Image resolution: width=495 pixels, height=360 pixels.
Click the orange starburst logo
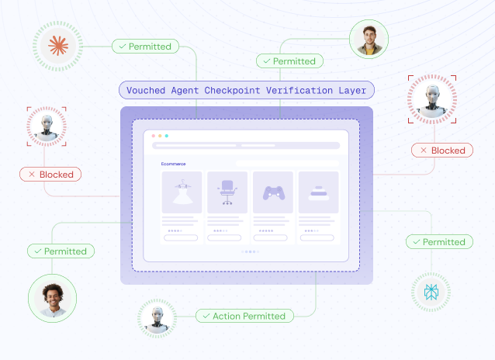point(58,46)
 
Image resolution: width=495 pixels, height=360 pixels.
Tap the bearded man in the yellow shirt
point(369,40)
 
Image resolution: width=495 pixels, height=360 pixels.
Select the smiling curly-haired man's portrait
point(53,299)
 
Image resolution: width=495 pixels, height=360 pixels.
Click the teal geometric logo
point(431,292)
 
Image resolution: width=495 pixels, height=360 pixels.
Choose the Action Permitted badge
point(244,316)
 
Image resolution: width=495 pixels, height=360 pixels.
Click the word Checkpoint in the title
point(232,90)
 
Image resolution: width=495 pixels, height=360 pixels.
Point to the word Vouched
point(146,90)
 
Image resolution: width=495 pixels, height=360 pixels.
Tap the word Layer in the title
point(352,91)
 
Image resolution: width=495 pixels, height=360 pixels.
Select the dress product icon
point(182,192)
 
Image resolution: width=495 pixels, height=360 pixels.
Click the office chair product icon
point(227,192)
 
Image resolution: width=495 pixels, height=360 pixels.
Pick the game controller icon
point(274,193)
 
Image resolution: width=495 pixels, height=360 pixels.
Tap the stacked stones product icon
point(319,193)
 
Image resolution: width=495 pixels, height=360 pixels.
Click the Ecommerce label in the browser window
point(173,164)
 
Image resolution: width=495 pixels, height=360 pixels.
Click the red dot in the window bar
point(154,136)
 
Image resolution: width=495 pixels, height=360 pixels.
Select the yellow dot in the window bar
point(160,136)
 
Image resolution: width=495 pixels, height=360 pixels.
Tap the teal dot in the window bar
point(167,136)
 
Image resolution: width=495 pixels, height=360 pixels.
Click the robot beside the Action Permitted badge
point(157,318)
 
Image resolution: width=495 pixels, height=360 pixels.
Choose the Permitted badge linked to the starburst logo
point(146,47)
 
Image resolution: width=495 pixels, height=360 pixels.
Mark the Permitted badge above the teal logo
point(439,242)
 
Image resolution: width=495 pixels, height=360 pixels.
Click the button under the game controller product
point(271,237)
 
